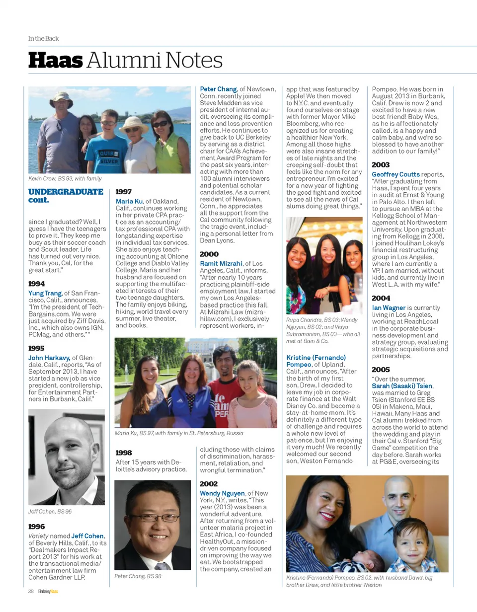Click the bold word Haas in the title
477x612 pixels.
[55, 61]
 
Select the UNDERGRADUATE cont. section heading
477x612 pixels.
[66, 196]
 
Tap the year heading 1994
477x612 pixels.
[36, 284]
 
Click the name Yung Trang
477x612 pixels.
[45, 293]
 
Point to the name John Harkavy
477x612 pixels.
[49, 358]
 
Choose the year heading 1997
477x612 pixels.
[124, 192]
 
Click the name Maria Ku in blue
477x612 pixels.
[129, 201]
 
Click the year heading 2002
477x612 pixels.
[209, 483]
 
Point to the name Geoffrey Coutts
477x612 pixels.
[396, 174]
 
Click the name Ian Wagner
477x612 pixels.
[389, 308]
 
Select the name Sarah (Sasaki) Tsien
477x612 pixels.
[402, 386]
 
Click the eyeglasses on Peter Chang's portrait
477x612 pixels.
[153, 517]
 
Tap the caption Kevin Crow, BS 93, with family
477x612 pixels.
[65, 178]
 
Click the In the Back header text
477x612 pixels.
[43, 38]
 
